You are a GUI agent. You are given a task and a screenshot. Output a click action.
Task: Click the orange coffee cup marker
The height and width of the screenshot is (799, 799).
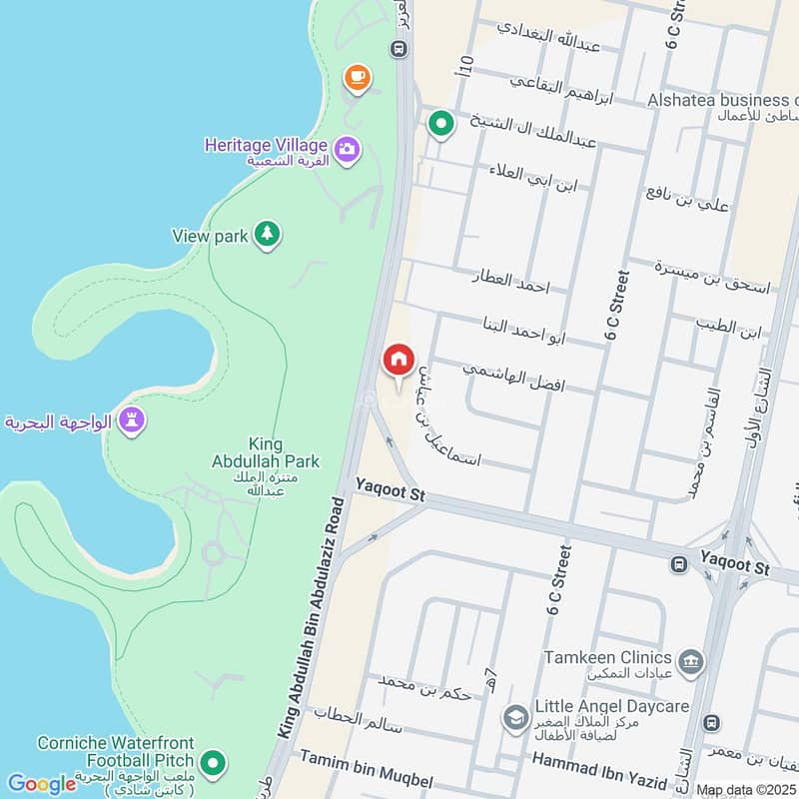point(357,76)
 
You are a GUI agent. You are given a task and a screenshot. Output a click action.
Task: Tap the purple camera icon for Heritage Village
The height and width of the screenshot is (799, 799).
point(348,150)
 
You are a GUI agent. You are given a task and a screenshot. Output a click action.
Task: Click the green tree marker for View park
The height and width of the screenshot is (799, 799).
point(267,235)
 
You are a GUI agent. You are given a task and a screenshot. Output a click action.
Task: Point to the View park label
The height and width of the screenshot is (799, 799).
point(210,237)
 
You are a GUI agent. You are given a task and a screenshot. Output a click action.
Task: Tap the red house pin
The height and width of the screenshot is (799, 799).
point(399,360)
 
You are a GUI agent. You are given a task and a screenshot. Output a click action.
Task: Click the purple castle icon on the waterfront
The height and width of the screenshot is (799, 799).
point(131,421)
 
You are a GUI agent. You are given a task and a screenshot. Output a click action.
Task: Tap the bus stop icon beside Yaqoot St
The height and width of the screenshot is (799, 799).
point(679,564)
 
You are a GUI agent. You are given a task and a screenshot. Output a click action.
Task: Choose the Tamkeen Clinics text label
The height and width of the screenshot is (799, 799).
point(607,657)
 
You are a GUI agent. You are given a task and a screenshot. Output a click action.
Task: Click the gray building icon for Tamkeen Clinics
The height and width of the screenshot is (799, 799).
point(690,661)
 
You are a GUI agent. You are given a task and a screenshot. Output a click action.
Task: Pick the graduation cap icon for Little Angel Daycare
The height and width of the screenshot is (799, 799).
point(515,716)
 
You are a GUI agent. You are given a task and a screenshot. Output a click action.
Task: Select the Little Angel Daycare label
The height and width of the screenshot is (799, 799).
point(611,707)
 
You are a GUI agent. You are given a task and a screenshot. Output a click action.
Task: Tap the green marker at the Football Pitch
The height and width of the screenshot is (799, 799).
point(212,765)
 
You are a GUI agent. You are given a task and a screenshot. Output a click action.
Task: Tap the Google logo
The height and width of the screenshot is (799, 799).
point(42,784)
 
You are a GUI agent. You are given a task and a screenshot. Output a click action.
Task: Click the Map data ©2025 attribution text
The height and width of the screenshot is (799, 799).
point(747,790)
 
